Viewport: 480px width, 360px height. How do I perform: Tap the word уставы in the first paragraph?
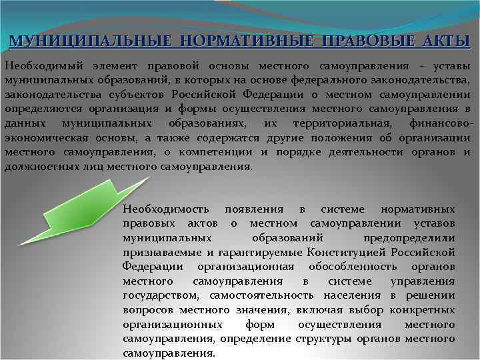click(452, 66)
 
